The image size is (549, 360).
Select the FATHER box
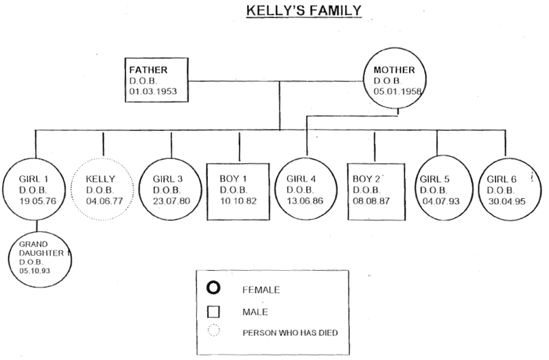click(x=156, y=82)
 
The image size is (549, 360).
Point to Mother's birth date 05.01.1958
click(x=397, y=91)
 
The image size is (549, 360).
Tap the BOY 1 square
click(x=239, y=190)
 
